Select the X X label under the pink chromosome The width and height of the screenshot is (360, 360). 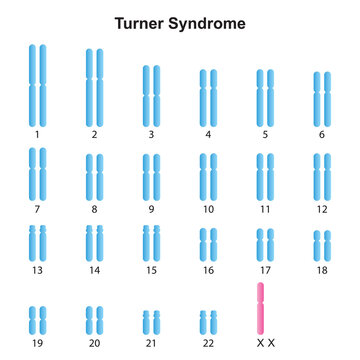265,342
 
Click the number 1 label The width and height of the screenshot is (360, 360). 38,134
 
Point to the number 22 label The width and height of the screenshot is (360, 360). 208,342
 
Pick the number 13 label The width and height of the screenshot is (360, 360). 38,270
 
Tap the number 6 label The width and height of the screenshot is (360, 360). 322,134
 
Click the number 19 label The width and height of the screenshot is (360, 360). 38,342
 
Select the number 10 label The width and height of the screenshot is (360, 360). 208,209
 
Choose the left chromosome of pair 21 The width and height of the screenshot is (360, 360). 146,321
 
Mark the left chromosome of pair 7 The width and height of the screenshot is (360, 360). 33,172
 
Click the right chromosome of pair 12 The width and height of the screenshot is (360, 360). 327,174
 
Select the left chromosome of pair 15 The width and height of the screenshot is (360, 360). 146,241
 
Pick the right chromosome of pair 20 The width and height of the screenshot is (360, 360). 100,319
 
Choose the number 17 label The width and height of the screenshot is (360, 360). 265,270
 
